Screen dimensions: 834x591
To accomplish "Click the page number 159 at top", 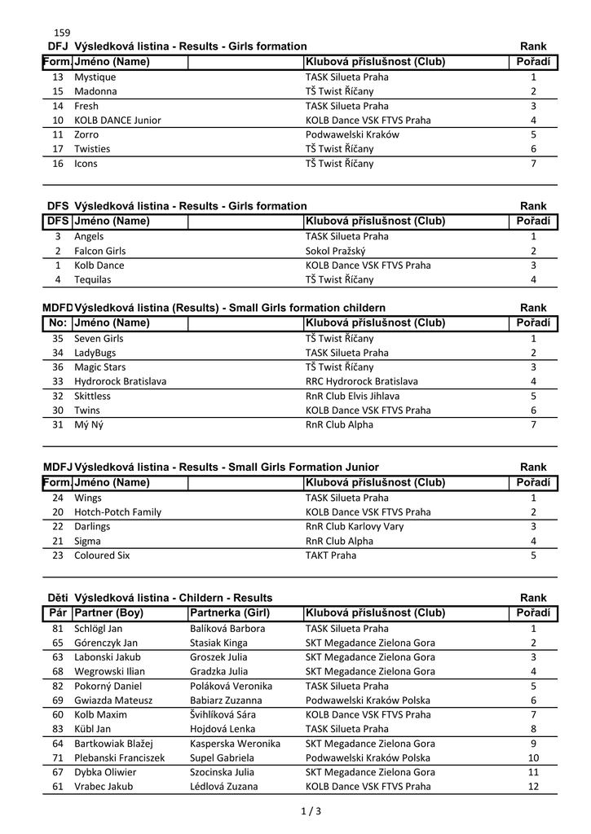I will pos(62,33).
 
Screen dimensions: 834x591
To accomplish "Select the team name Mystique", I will pos(95,77).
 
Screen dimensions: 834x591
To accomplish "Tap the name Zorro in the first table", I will pos(86,134).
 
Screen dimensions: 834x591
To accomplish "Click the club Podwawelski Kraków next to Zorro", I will pos(352,134).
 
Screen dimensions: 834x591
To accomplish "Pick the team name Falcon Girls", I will pos(99,251).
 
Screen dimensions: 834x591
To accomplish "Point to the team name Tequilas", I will pos(92,279).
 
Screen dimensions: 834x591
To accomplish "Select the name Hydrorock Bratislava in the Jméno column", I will pos(120,381).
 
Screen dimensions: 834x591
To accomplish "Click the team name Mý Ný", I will pos(88,424).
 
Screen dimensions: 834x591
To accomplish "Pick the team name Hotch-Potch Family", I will pos(117,512).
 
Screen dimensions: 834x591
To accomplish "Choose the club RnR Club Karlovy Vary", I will pos(355,526).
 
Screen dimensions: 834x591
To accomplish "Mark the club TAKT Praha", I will pos(330,555).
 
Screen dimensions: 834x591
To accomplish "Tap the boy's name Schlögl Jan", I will pos(98,629).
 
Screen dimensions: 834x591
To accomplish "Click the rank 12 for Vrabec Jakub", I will pos(533,787).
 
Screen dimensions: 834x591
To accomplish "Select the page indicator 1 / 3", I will pos(311,811).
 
